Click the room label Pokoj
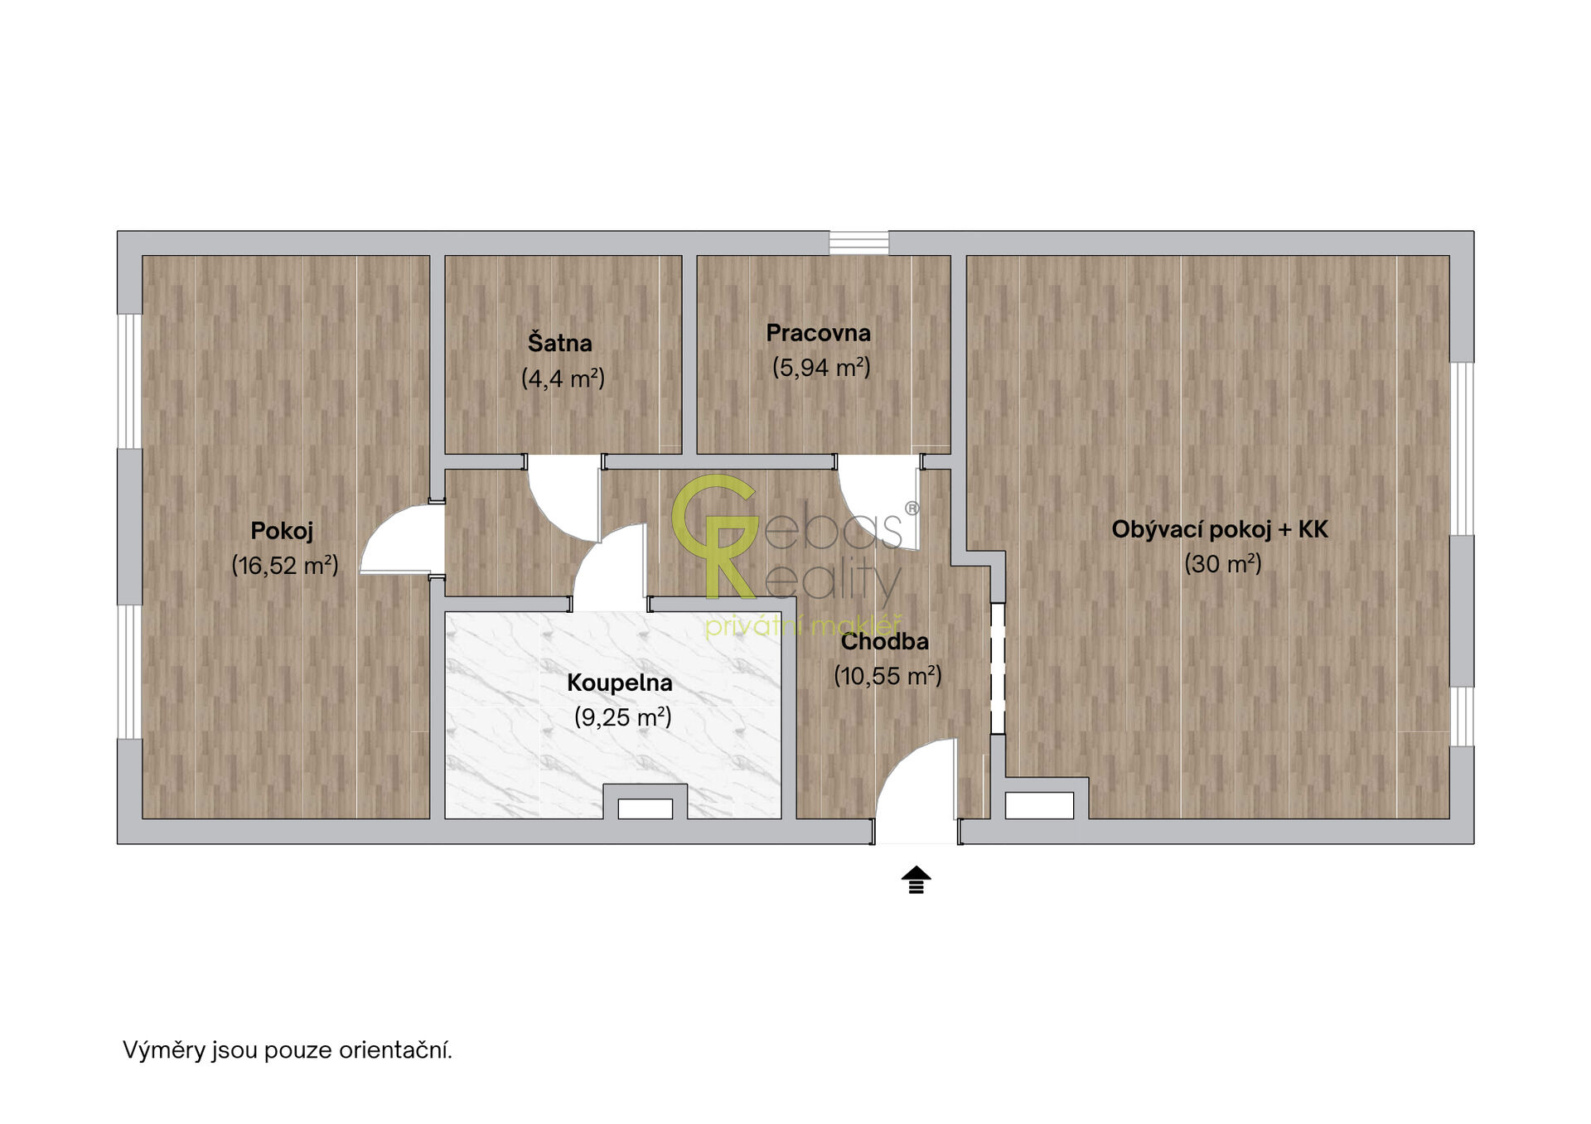pyautogui.click(x=282, y=531)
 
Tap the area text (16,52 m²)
pyautogui.click(x=285, y=566)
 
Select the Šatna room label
pyautogui.click(x=560, y=342)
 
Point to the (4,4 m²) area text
pyautogui.click(x=563, y=379)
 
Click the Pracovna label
pyautogui.click(x=819, y=333)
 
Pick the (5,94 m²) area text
pyautogui.click(x=822, y=368)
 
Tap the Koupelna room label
pyautogui.click(x=620, y=683)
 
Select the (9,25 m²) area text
pyautogui.click(x=623, y=717)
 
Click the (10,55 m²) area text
pyautogui.click(x=888, y=676)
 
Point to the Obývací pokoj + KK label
pyautogui.click(x=1220, y=529)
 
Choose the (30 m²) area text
pyautogui.click(x=1223, y=564)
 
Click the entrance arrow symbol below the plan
pyautogui.click(x=916, y=880)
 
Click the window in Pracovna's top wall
pyautogui.click(x=858, y=243)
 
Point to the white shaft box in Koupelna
pyautogui.click(x=646, y=808)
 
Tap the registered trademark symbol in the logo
pyautogui.click(x=912, y=509)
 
